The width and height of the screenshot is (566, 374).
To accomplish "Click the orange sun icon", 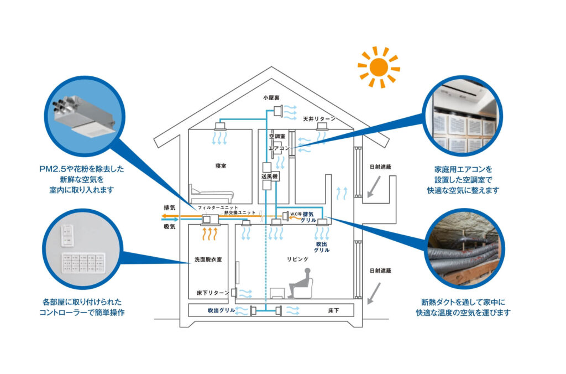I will pos(379,67).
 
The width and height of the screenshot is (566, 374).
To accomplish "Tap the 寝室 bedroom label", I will pos(222,165).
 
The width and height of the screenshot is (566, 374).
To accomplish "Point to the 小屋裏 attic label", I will pos(271,97).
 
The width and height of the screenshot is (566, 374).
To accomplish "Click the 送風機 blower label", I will pos(269,176).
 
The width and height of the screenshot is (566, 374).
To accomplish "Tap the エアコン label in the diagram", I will pos(279,148).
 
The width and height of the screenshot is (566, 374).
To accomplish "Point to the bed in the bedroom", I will pos(212,194).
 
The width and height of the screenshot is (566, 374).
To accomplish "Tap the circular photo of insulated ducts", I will pos(464,249).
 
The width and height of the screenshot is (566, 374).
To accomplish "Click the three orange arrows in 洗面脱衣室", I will pos(208,234).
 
